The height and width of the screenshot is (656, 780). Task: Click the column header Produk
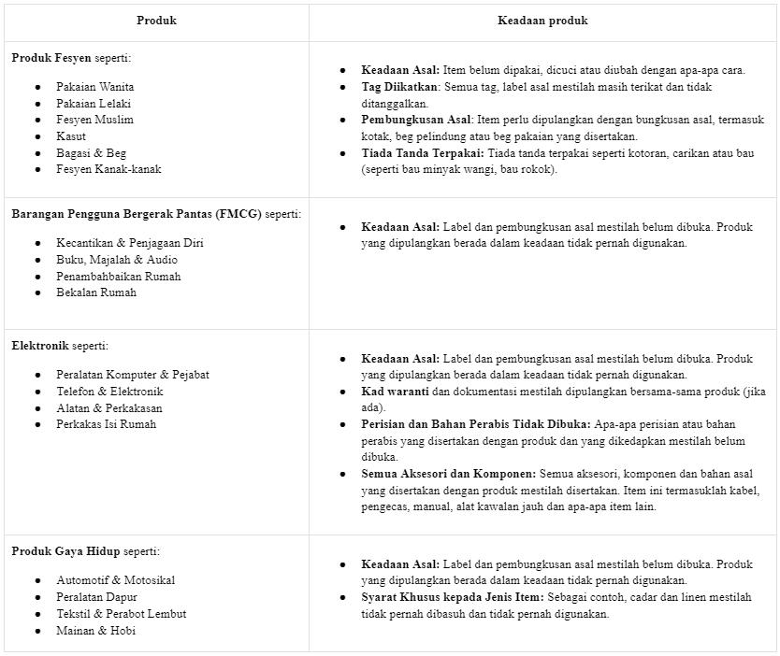pyautogui.click(x=156, y=20)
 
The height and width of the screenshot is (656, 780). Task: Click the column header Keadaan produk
pyautogui.click(x=542, y=20)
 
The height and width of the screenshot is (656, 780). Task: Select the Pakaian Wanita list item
pyautogui.click(x=94, y=87)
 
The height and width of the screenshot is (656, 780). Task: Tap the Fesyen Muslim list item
pyautogui.click(x=94, y=120)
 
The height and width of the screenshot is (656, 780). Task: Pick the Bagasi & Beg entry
pyautogui.click(x=91, y=152)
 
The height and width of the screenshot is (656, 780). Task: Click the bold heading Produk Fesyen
pyautogui.click(x=51, y=57)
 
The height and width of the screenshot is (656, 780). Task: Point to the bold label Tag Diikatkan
pyautogui.click(x=400, y=87)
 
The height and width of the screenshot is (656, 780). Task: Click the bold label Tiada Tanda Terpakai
pyautogui.click(x=422, y=153)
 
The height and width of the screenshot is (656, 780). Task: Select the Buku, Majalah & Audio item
pyautogui.click(x=117, y=260)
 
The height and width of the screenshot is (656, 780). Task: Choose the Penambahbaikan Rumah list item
pyautogui.click(x=118, y=277)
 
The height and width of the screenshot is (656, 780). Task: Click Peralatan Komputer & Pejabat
pyautogui.click(x=132, y=375)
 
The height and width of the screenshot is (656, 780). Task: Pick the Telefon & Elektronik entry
pyautogui.click(x=109, y=392)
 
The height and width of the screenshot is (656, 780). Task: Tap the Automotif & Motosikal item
pyautogui.click(x=115, y=580)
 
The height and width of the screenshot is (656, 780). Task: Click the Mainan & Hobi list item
pyautogui.click(x=96, y=631)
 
